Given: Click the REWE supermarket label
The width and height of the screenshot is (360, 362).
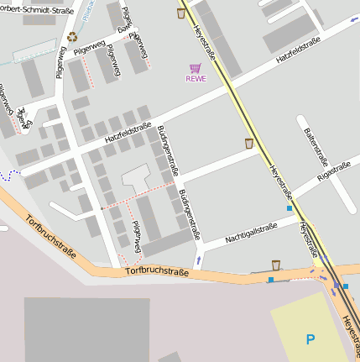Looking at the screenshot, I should pyautogui.click(x=195, y=80).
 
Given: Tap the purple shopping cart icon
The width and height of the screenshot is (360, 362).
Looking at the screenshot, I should pyautogui.click(x=195, y=68).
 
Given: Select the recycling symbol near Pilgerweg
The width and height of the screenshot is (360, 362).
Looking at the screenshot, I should pyautogui.click(x=72, y=37).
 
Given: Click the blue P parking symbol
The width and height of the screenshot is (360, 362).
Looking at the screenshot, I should pyautogui.click(x=310, y=339).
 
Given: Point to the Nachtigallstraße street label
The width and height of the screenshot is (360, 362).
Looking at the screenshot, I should pyautogui.click(x=251, y=233).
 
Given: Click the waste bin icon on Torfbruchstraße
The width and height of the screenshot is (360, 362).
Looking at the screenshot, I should pyautogui.click(x=276, y=265).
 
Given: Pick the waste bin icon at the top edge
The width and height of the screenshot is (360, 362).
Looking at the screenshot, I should pyautogui.click(x=180, y=13).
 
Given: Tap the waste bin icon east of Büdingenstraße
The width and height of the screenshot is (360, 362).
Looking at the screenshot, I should pyautogui.click(x=249, y=144).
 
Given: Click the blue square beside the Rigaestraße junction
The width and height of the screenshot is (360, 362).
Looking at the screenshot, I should pyautogui.click(x=290, y=207).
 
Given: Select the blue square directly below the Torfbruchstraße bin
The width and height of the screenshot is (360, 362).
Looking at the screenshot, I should pyautogui.click(x=271, y=279).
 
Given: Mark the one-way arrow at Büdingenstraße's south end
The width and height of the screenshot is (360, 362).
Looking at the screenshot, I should pyautogui.click(x=198, y=260).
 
